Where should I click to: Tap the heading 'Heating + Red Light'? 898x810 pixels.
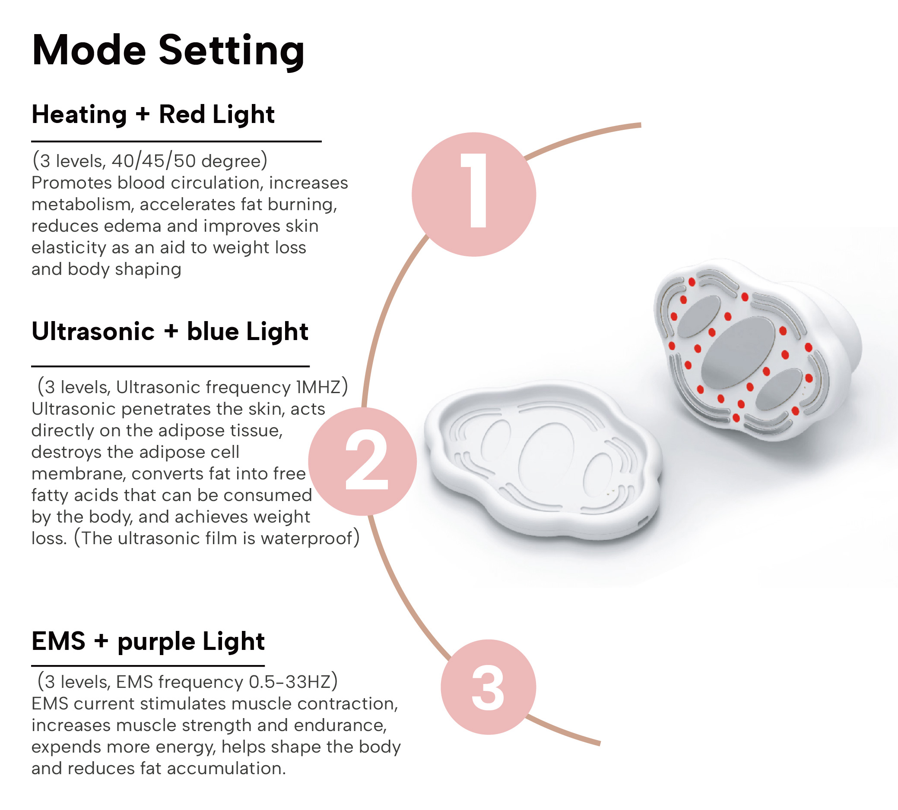(x=153, y=114)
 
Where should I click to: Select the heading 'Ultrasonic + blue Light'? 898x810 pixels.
(x=170, y=331)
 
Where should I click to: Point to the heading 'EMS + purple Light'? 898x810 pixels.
(x=148, y=641)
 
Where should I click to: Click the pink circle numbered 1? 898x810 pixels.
(x=473, y=195)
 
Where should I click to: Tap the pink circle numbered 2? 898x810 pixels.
(x=362, y=461)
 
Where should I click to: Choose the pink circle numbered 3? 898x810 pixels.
(x=488, y=687)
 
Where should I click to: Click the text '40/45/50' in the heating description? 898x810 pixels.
(x=153, y=161)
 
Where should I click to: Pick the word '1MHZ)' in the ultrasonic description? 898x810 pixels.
(x=322, y=387)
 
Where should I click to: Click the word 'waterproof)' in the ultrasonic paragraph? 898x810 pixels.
(x=310, y=539)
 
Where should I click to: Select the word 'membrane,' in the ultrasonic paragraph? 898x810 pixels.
(x=79, y=474)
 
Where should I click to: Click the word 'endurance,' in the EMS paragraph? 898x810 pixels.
(x=340, y=725)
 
